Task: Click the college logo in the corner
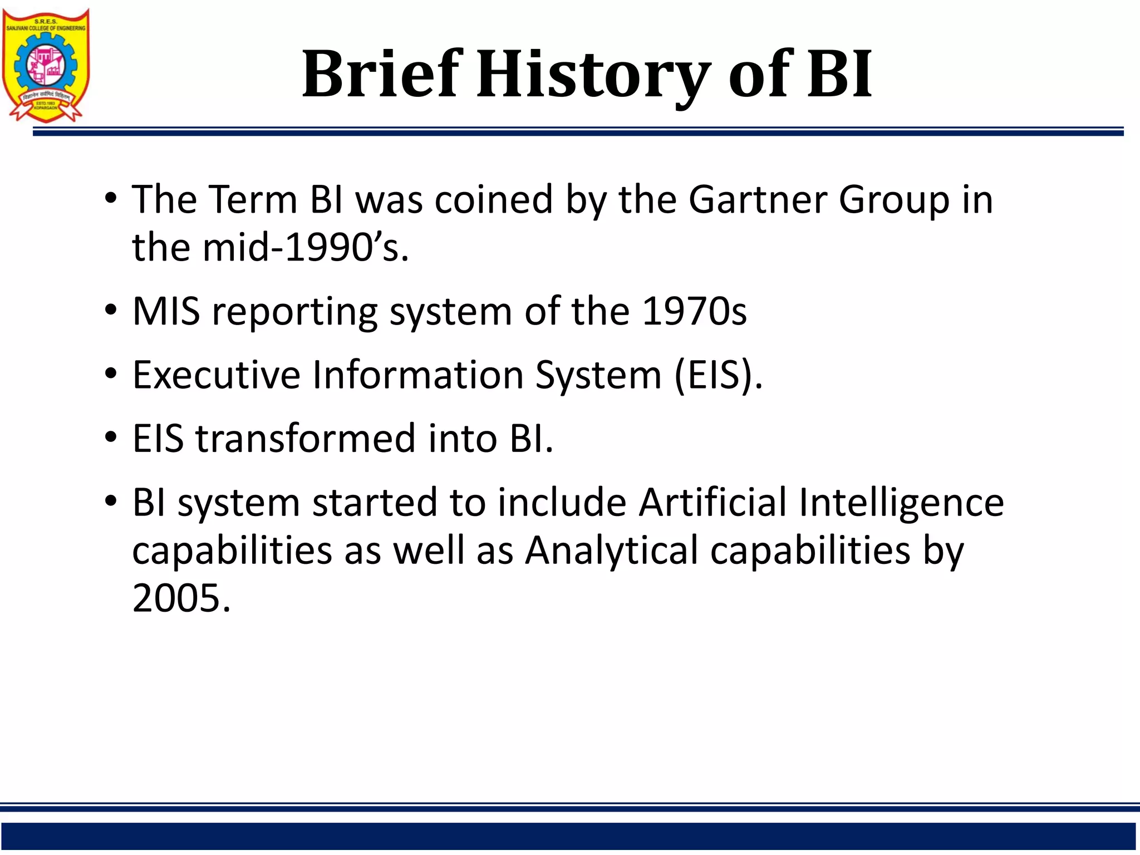(x=46, y=65)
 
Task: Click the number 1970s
(x=694, y=311)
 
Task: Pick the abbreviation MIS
(x=166, y=311)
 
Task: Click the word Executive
(x=216, y=375)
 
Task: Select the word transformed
(x=305, y=439)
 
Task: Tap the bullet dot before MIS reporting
(x=111, y=311)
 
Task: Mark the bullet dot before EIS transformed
(x=111, y=438)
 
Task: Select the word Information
(x=417, y=375)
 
